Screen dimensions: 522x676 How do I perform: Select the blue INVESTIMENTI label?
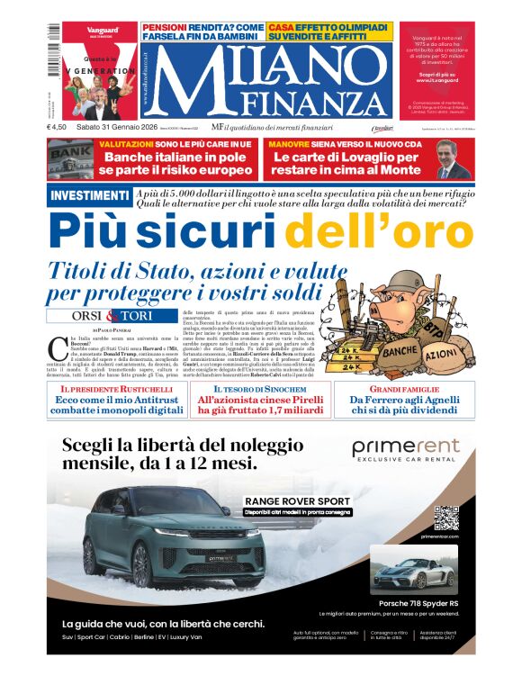click(88, 195)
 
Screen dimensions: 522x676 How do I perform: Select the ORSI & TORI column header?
click(112, 316)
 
